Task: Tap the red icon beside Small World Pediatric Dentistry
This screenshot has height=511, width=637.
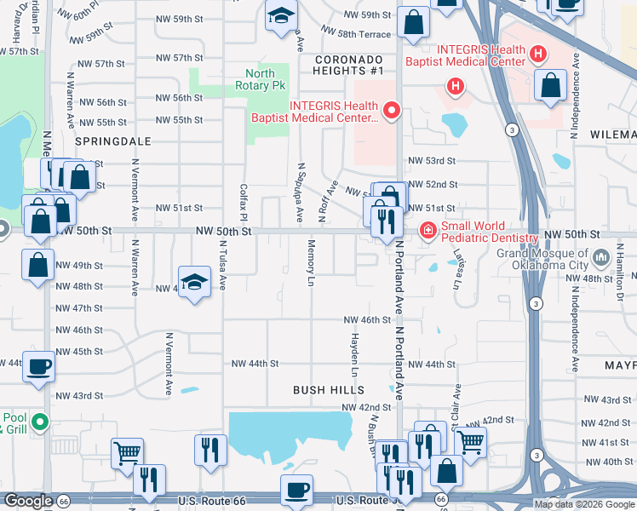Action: tap(427, 231)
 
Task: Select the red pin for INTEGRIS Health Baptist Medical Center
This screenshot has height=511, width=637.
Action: tap(392, 110)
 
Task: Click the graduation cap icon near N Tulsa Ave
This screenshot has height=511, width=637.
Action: tap(194, 283)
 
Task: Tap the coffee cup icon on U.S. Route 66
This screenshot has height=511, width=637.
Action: tap(297, 490)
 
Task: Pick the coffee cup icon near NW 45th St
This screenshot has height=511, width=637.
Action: tap(37, 366)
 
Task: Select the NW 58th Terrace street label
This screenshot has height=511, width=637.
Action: tap(356, 34)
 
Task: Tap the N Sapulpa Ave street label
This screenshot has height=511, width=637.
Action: tap(301, 192)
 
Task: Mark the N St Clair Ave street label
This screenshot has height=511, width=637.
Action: tap(457, 407)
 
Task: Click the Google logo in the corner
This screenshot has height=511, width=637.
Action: tap(28, 501)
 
